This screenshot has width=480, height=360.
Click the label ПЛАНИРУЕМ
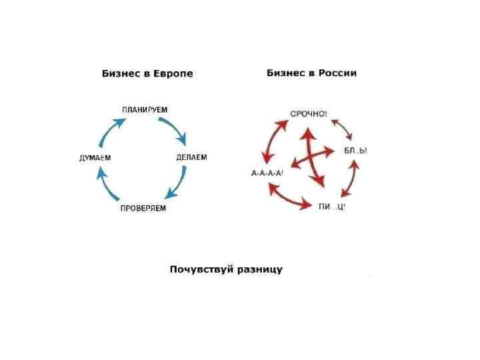pyautogui.click(x=145, y=109)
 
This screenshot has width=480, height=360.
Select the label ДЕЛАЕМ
pyautogui.click(x=191, y=157)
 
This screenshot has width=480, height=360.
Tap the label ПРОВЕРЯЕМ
pyautogui.click(x=143, y=209)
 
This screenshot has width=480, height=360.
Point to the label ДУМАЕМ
pyautogui.click(x=95, y=158)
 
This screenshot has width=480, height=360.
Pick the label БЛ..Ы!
pyautogui.click(x=355, y=151)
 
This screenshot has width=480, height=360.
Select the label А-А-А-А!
pyautogui.click(x=267, y=173)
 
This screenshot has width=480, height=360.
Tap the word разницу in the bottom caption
pyautogui.click(x=257, y=269)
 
